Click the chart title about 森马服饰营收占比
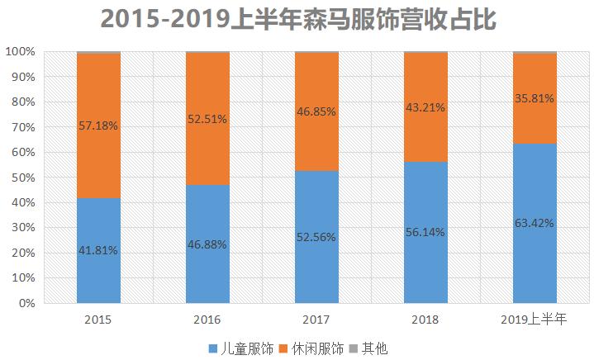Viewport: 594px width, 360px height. point(297,18)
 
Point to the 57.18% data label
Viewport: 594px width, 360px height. point(98,126)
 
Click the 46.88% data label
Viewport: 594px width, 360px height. point(207,244)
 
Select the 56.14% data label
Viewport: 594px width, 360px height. point(425,232)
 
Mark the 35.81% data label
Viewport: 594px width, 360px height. point(535,98)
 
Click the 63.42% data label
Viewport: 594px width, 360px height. point(535,223)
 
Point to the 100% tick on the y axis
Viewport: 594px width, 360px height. point(21,52)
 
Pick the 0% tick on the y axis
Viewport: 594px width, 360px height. point(26,303)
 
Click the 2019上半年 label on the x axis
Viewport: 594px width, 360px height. point(535,320)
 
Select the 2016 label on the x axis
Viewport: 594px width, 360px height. point(207,320)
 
